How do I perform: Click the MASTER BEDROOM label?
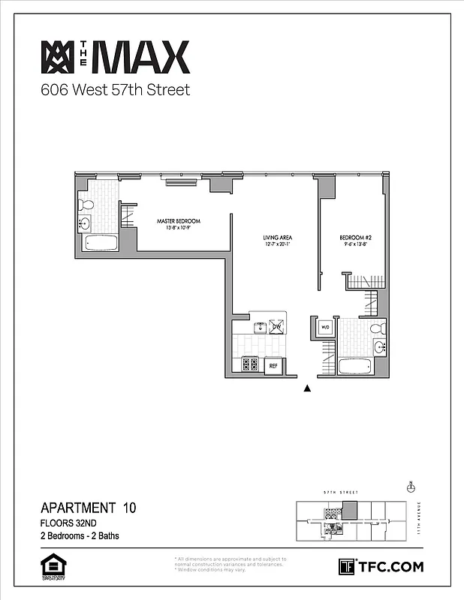click(x=179, y=221)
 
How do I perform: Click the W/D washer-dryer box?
click(x=326, y=328)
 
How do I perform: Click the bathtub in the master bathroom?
click(x=101, y=244)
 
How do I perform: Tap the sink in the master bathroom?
click(x=84, y=223)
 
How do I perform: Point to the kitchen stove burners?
click(x=250, y=364)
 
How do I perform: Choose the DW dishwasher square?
click(x=276, y=327)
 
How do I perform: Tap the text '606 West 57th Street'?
click(x=115, y=91)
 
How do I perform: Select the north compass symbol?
click(x=411, y=487)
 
